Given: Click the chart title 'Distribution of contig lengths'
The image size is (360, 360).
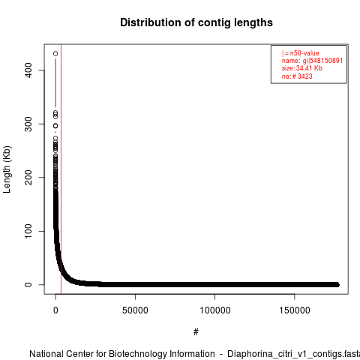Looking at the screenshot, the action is [196, 22].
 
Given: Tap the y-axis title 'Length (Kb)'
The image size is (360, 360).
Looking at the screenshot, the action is [7, 169].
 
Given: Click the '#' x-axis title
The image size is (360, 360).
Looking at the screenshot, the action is [196, 332].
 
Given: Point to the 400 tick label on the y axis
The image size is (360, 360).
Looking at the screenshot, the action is [28, 70].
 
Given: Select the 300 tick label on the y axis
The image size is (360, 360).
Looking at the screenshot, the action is [28, 124].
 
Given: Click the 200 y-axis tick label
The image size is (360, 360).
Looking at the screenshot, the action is [28, 178].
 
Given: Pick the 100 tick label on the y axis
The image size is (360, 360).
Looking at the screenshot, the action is [28, 231].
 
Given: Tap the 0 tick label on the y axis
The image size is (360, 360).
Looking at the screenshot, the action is [28, 285].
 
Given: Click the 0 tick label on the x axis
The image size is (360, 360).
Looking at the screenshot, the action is [55, 310].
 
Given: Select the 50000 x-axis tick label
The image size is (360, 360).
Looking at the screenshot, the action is [135, 310].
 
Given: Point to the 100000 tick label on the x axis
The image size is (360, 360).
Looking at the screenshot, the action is [215, 310].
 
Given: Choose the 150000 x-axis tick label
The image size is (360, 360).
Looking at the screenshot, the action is [295, 310].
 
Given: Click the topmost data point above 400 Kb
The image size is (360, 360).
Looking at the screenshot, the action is [55, 53].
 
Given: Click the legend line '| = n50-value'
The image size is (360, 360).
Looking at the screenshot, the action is [301, 53].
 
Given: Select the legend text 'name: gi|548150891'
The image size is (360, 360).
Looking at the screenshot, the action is [312, 61].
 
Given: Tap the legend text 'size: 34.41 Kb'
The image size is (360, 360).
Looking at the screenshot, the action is [302, 68].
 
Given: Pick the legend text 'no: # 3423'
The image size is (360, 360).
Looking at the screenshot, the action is [297, 76].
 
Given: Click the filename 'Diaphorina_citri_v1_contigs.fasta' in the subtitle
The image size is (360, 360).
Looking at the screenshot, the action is [293, 354].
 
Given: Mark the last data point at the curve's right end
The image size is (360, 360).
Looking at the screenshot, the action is [337, 284].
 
